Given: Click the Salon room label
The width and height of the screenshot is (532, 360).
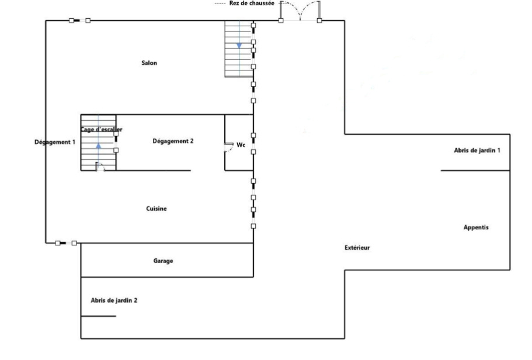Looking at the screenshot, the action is [x=149, y=62].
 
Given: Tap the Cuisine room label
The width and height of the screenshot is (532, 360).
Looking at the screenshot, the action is [x=157, y=208].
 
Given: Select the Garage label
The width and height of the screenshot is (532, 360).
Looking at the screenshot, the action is [x=163, y=261].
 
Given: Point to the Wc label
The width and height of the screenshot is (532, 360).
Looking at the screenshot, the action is [x=241, y=145].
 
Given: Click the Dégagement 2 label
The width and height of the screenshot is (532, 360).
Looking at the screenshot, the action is [x=173, y=141].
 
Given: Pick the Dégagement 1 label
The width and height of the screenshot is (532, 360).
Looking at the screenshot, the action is [x=55, y=142].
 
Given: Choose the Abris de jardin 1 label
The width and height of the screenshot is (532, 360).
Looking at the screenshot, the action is [x=477, y=150].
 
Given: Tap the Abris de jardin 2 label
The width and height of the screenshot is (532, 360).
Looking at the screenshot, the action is [x=114, y=300].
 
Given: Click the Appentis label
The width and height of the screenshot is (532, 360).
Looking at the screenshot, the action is [x=476, y=228].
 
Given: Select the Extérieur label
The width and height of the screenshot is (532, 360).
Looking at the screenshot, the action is [x=357, y=248].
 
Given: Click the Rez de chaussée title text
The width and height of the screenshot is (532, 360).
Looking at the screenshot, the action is [x=252, y=4].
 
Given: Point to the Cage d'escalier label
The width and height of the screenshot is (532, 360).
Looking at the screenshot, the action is [x=102, y=130].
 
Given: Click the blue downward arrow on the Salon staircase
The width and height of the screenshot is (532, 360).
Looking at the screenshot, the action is [x=239, y=46].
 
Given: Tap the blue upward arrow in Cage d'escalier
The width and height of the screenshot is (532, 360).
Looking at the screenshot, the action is [x=98, y=146].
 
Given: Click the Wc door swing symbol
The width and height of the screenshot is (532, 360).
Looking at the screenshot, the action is [x=229, y=147].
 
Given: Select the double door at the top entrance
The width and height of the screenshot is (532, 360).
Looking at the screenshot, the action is [x=300, y=11].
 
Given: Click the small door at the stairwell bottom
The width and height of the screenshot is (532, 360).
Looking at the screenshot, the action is [x=100, y=166].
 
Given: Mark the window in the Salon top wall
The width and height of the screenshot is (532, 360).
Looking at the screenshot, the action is [x=80, y=20].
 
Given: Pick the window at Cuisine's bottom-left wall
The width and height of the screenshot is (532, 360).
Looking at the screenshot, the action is [x=66, y=243].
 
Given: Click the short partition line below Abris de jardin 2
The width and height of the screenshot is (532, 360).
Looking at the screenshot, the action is [x=98, y=316].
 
